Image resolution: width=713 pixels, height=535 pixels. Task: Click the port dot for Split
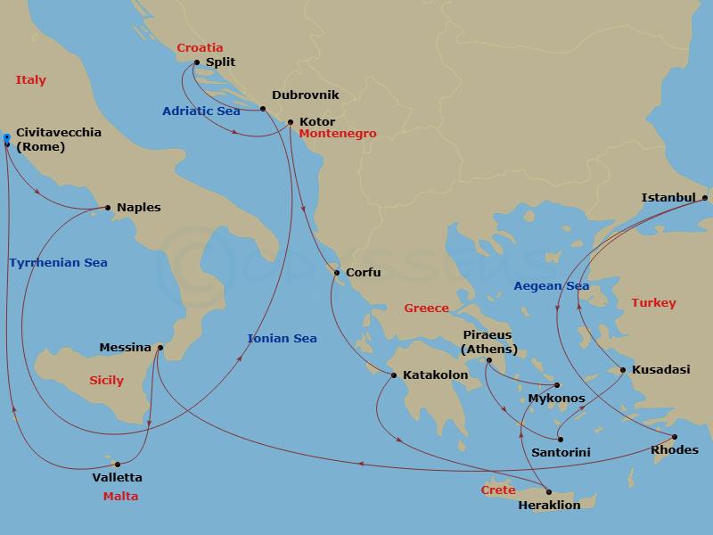(196, 62)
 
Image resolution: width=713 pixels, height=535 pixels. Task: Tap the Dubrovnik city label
(305, 95)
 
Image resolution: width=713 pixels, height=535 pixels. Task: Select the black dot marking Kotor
(291, 121)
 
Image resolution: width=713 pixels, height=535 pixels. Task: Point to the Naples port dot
(108, 209)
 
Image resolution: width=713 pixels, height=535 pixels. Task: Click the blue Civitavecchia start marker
(6, 137)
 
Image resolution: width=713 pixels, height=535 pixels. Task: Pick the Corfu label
(364, 274)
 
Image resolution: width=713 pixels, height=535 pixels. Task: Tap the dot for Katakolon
(393, 375)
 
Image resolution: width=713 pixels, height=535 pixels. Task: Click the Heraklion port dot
(549, 491)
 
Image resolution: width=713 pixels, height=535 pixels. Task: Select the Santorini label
(561, 453)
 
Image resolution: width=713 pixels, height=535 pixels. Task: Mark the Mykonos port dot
(556, 385)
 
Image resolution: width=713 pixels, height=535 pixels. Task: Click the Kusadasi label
(659, 369)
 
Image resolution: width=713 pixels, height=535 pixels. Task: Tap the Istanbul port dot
(704, 198)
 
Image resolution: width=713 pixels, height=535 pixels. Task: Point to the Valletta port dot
(118, 464)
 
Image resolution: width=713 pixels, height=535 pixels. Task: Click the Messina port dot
(160, 348)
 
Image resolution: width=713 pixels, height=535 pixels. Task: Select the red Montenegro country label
(338, 134)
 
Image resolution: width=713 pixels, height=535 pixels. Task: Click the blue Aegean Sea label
(552, 286)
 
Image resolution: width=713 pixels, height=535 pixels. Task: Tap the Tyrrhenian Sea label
(58, 263)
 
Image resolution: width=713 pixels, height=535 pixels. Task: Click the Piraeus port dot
(488, 360)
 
